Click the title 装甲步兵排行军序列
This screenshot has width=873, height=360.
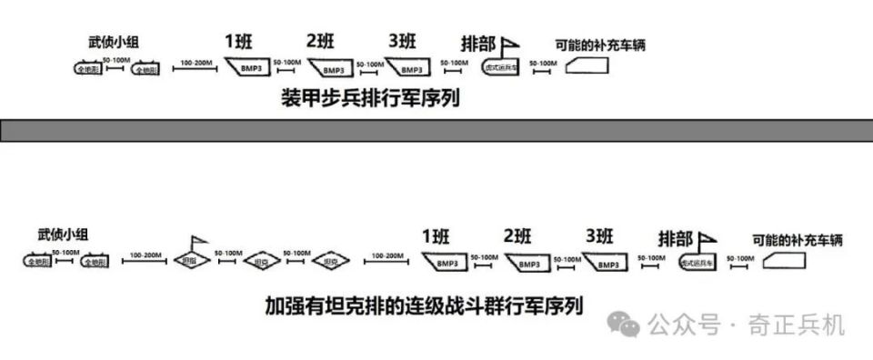coord(370,98)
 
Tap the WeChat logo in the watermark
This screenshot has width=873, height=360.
coord(627,324)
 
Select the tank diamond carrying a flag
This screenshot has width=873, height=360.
coord(192,259)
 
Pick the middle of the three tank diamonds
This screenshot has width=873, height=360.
coord(261,261)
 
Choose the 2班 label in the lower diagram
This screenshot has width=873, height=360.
coord(519,237)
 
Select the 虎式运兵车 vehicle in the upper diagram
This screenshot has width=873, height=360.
coord(501,67)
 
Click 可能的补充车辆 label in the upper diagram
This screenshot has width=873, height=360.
coord(600,45)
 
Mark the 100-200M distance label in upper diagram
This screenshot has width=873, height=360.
coord(196,63)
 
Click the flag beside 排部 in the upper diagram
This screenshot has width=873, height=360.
coord(511,43)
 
